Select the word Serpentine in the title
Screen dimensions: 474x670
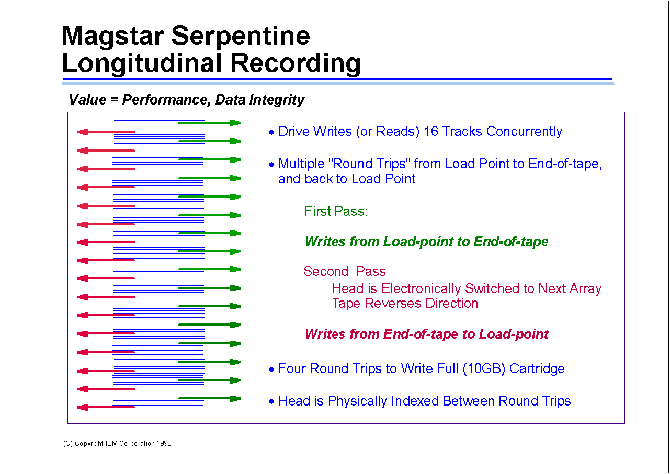(x=240, y=36)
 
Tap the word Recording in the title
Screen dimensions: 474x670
(x=296, y=63)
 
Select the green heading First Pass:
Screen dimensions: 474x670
(x=336, y=211)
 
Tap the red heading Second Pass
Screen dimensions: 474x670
(x=344, y=271)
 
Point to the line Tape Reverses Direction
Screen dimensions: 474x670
(x=405, y=303)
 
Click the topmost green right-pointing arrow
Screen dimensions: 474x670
(x=209, y=123)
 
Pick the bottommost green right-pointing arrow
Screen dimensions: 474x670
(x=209, y=398)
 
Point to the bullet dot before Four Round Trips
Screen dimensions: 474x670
(x=271, y=369)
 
